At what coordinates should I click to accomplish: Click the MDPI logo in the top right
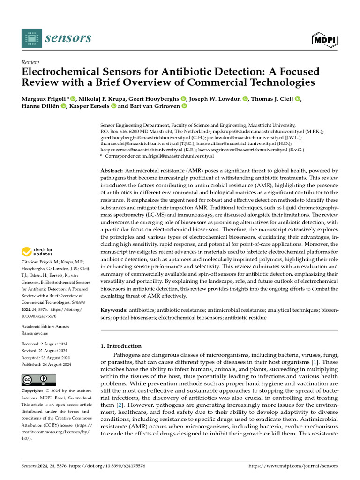coord(325,40)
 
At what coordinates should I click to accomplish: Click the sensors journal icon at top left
coord(31,38)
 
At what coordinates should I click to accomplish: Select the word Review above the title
coord(30,62)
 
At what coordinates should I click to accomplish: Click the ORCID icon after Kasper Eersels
coord(113,106)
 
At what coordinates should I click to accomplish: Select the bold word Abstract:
coord(112,170)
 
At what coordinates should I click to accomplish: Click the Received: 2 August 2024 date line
coord(45,344)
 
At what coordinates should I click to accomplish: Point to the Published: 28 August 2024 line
coord(46,364)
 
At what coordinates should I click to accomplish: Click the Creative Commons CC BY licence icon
coord(38,380)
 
